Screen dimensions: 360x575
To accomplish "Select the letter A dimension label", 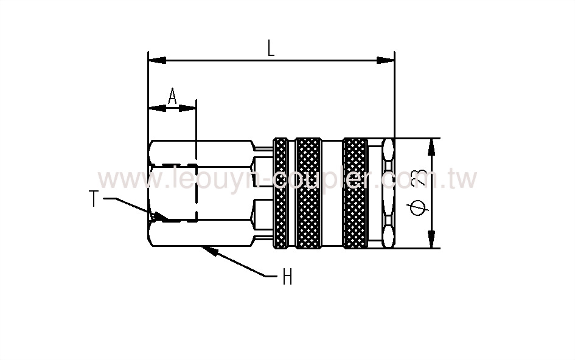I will [172, 97].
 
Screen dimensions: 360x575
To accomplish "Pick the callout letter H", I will [287, 278].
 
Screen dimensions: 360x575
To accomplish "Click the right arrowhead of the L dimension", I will [386, 60].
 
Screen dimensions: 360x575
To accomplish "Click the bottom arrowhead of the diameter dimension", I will [432, 240].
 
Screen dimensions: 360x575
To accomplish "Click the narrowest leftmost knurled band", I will [281, 193].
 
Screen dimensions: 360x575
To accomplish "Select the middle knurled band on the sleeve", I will [308, 193].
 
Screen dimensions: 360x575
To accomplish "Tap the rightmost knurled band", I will [355, 193].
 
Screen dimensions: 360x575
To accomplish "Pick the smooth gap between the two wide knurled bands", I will [332, 193].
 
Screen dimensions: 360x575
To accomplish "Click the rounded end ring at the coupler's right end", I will [388, 193].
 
